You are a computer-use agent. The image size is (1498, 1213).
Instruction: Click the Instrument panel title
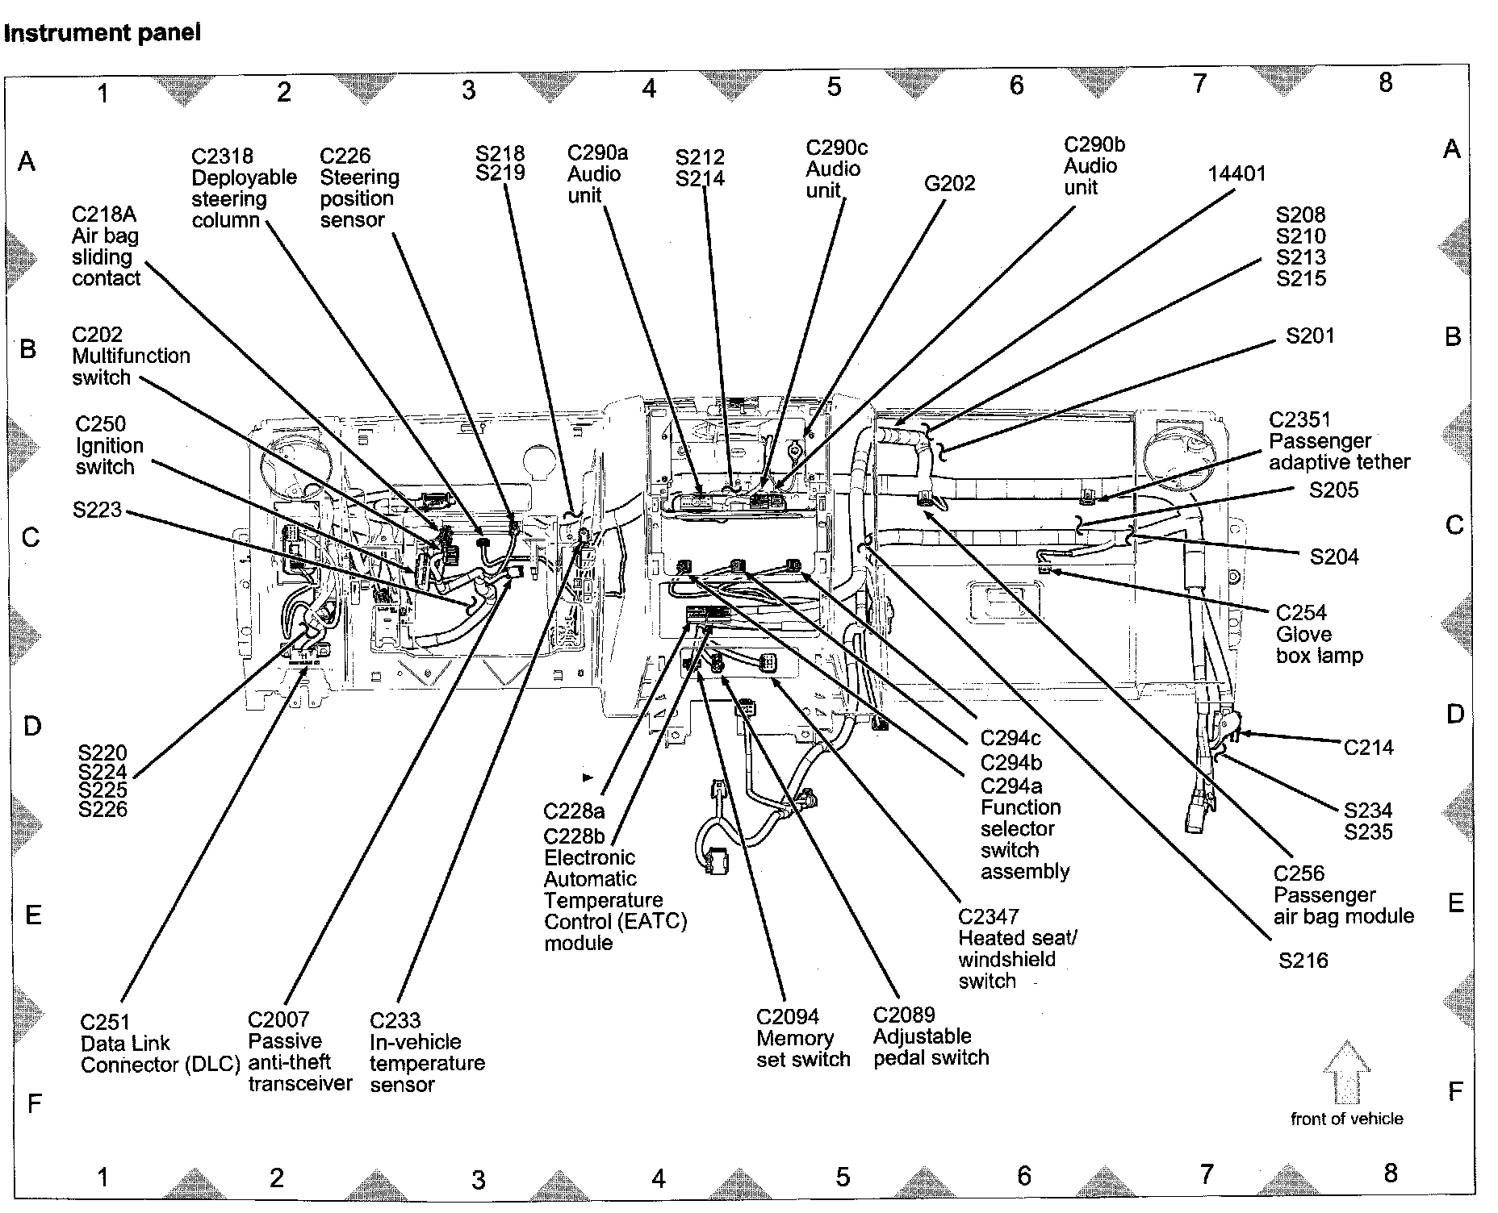(102, 33)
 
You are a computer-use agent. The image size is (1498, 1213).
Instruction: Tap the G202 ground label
(949, 184)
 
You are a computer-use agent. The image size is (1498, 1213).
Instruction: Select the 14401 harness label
(1236, 173)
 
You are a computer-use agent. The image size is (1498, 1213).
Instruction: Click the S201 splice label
(1309, 336)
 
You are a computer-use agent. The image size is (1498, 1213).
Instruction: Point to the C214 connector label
(1368, 748)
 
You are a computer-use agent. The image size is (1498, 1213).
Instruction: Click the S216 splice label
(1303, 960)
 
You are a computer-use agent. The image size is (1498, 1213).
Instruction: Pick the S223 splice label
(97, 510)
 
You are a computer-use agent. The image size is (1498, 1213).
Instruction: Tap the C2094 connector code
(787, 1017)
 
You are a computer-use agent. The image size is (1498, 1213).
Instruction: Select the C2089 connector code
(903, 1015)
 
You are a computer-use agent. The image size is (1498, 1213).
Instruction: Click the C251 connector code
(105, 1022)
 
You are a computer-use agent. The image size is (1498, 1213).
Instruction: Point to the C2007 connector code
(278, 1020)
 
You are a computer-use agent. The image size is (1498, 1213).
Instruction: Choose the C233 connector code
(395, 1020)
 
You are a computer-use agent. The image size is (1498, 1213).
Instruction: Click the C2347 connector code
(988, 917)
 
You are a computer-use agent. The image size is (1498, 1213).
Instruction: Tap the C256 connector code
(1299, 873)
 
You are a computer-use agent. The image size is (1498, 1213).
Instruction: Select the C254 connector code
(1301, 613)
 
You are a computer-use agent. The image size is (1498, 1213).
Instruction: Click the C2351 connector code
(1299, 419)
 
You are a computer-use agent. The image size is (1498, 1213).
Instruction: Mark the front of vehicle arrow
(1346, 1073)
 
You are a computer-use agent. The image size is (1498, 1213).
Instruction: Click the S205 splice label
(1333, 490)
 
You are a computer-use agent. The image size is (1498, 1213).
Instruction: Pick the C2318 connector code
(222, 156)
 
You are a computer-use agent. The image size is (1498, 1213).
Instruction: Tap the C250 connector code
(100, 424)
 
